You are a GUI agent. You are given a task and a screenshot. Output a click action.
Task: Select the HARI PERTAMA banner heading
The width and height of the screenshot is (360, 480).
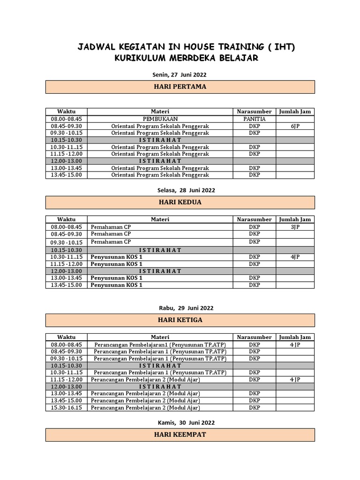pos(180,87)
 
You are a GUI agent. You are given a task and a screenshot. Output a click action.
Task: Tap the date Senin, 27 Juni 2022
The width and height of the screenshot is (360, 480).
pos(180,75)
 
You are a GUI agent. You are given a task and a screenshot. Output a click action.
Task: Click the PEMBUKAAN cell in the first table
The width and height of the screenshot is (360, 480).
pos(160,119)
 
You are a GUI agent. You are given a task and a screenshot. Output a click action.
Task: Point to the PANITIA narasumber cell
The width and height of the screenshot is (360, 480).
pos(254,119)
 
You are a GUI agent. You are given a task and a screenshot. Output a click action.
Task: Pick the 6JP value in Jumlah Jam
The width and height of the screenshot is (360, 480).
pos(295,126)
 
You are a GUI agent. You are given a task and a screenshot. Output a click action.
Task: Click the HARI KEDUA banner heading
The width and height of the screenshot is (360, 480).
pos(180,202)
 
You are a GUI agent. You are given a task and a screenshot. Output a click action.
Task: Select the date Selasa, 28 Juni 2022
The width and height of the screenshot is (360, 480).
pos(180,190)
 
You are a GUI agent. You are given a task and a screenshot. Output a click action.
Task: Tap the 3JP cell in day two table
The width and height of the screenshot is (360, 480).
pos(295,227)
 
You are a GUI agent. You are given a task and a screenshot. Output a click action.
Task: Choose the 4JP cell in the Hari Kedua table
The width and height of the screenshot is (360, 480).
pos(295,257)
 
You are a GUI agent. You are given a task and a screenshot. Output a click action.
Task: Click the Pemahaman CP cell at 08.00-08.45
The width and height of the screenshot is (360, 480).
pos(111,227)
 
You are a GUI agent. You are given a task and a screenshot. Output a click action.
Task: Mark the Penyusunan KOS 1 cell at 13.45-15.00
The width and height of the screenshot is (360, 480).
pos(117,285)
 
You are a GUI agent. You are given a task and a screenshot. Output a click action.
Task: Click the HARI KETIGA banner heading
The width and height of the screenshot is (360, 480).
pos(180,320)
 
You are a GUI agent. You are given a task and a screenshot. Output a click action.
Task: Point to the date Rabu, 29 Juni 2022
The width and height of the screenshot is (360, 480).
pos(180,308)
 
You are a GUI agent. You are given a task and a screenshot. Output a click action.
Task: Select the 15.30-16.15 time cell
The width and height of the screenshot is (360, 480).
pos(66,408)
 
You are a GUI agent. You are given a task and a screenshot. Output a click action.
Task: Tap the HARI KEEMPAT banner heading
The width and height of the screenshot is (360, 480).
pos(180,435)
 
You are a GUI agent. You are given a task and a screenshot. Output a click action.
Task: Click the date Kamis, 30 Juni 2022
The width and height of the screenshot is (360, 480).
pos(180,423)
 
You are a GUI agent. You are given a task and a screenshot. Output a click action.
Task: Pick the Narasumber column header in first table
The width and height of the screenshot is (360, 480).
pos(254,112)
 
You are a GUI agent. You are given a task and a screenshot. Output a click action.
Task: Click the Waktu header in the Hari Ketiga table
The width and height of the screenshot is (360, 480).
pos(66,337)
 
